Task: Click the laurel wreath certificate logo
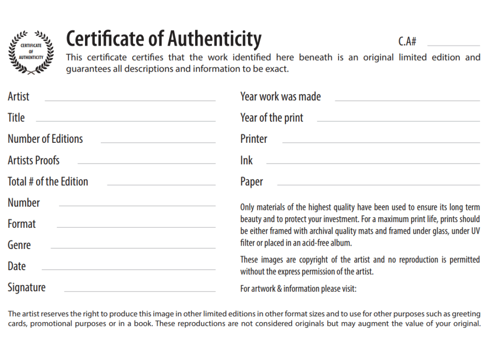click(x=31, y=52)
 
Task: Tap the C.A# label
click(x=407, y=41)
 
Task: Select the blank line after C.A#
click(x=453, y=45)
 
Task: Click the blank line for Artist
click(x=130, y=100)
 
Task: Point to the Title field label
click(x=16, y=118)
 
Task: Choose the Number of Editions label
click(x=45, y=139)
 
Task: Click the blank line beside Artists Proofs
click(x=147, y=163)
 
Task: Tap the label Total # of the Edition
click(x=48, y=182)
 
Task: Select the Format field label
click(x=22, y=224)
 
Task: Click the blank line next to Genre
click(x=133, y=248)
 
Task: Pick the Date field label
click(x=17, y=266)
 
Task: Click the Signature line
click(x=139, y=291)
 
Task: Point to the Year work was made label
click(x=280, y=97)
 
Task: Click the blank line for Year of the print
click(x=398, y=121)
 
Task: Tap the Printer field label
click(x=254, y=139)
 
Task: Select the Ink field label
click(x=246, y=161)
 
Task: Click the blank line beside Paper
click(x=378, y=185)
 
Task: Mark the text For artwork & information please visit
click(x=298, y=289)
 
